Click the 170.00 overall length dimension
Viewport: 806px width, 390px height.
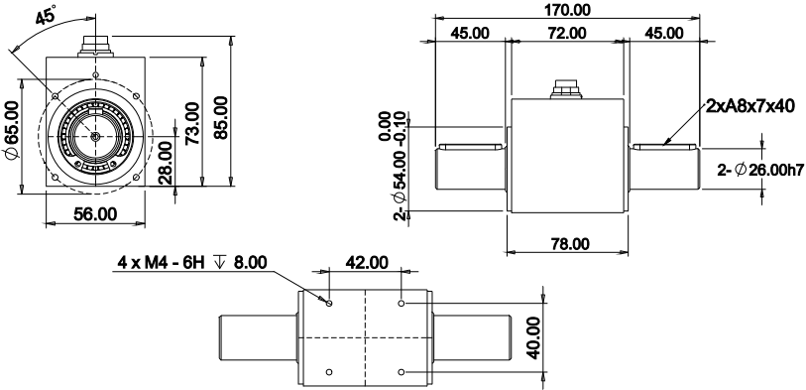(568, 10)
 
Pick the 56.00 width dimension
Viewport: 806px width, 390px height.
(95, 213)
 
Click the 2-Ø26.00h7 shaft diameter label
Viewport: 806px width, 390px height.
(759, 170)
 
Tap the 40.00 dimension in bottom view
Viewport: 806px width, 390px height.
(535, 338)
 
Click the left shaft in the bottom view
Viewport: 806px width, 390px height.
(256, 337)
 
